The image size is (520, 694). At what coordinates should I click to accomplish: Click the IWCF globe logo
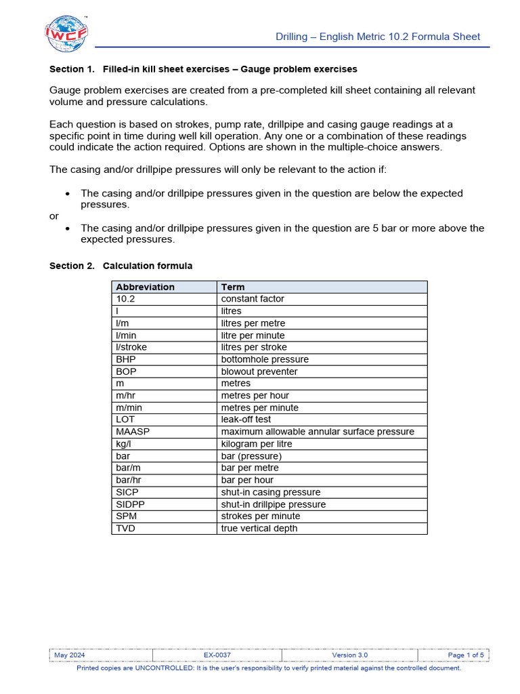pos(66,33)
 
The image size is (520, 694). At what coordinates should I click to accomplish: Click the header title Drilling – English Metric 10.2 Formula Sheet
pos(378,37)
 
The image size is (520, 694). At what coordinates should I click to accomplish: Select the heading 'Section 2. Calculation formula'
pos(121,266)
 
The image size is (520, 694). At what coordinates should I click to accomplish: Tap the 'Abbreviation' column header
pos(145,287)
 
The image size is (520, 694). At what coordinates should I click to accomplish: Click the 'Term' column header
pos(233,287)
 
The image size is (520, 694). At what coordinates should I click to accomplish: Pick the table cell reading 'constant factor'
pos(253,299)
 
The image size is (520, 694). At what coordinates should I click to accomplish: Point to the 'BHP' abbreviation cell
pos(126,359)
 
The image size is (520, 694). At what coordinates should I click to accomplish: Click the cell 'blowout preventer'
pos(259,371)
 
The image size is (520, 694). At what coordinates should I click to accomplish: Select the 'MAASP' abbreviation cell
pos(131,432)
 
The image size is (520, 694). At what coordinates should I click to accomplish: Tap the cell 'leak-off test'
pos(246,420)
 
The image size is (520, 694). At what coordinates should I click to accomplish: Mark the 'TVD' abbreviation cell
pos(125,528)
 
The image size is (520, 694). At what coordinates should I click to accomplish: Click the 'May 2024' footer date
pos(70,655)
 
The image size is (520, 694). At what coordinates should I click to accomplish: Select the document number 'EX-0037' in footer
pos(217,655)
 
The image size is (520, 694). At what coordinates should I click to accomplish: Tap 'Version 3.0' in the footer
pos(350,655)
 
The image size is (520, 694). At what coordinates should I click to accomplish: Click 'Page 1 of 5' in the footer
pos(466,655)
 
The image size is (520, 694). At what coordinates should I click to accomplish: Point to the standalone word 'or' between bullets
pos(55,216)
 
